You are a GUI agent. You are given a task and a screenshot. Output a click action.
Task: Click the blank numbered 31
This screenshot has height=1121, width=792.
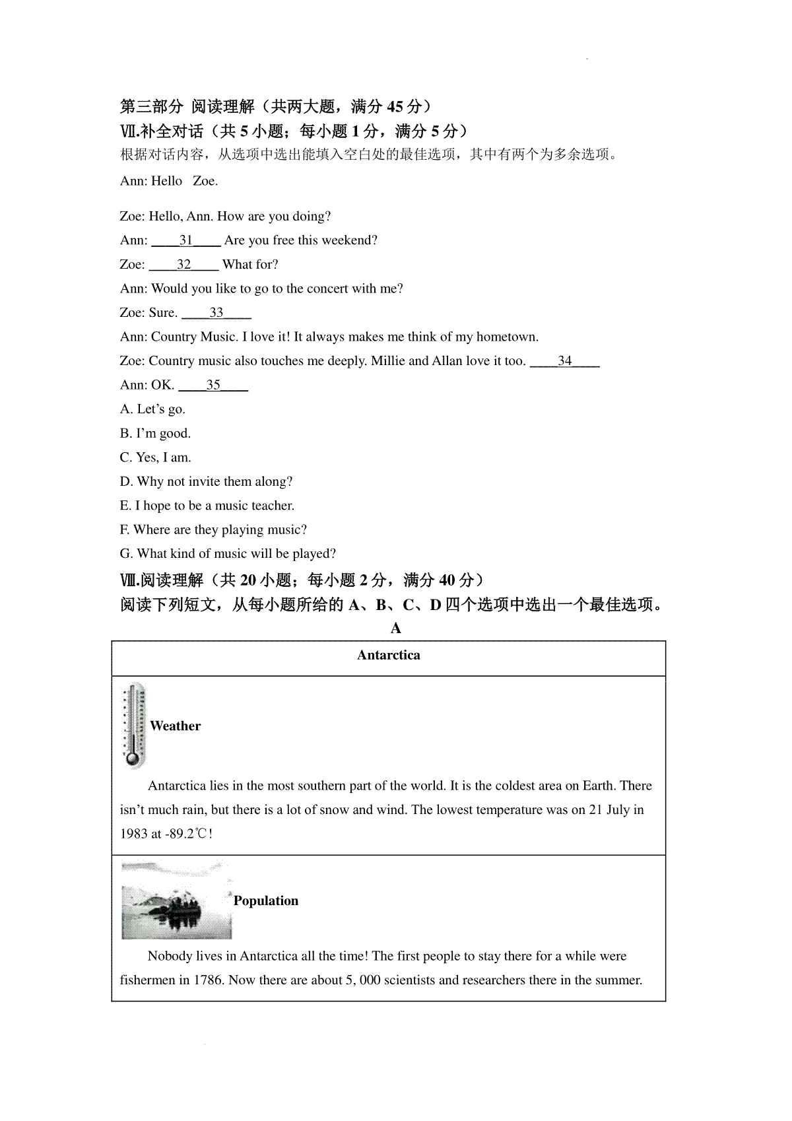click(185, 241)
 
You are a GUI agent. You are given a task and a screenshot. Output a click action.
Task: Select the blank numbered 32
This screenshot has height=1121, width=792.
click(183, 265)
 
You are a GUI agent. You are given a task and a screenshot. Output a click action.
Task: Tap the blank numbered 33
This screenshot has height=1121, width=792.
click(216, 313)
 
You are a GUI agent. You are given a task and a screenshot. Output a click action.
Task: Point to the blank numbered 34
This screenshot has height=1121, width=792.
click(564, 361)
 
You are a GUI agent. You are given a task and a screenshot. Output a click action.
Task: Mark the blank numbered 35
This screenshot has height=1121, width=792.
click(213, 386)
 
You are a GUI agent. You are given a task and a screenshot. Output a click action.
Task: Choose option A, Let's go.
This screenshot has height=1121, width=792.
click(152, 409)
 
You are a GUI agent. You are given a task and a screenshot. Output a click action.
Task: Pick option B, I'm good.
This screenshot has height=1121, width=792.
click(155, 434)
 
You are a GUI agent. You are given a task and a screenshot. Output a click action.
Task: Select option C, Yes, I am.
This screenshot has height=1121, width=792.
click(155, 458)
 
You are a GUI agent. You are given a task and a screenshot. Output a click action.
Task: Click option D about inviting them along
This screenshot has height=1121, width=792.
click(206, 482)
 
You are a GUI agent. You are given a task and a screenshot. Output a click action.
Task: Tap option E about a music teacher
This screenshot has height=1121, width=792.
click(207, 506)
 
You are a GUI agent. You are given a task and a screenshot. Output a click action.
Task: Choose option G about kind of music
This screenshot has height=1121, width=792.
click(228, 554)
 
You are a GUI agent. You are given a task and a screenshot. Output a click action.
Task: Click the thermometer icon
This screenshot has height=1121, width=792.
click(133, 726)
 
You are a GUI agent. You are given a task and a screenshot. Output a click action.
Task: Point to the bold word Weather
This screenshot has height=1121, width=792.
click(175, 726)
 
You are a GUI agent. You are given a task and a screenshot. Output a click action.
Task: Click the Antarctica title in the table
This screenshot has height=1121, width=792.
click(388, 656)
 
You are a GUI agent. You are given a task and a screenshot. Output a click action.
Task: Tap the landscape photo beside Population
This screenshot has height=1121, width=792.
click(176, 901)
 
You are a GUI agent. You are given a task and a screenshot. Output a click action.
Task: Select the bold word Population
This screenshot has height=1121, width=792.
click(265, 901)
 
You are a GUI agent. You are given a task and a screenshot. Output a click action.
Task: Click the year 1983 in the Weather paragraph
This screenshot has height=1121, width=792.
click(133, 834)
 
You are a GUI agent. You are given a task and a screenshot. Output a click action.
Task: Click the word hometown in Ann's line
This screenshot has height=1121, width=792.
click(506, 337)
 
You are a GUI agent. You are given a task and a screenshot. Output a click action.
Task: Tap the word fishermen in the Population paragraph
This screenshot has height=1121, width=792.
click(148, 980)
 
